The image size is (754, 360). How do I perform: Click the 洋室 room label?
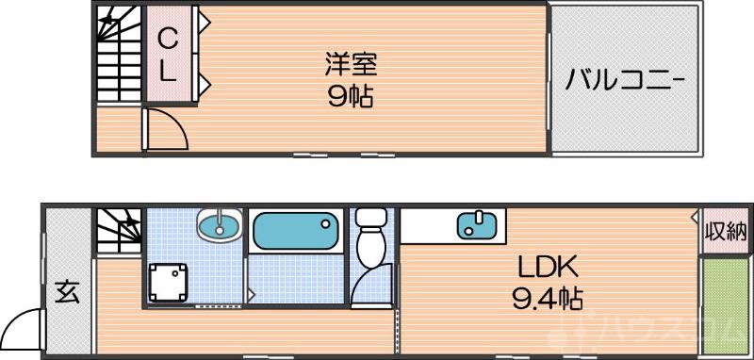point(351,65)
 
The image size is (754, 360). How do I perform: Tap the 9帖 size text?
point(351,96)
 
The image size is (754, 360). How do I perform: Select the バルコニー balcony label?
point(625,80)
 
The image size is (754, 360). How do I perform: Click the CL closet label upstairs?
point(167,54)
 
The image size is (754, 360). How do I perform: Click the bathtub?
point(296,229)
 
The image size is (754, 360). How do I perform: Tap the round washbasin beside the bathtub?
point(221,225)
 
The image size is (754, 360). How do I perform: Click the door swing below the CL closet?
point(166,126)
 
